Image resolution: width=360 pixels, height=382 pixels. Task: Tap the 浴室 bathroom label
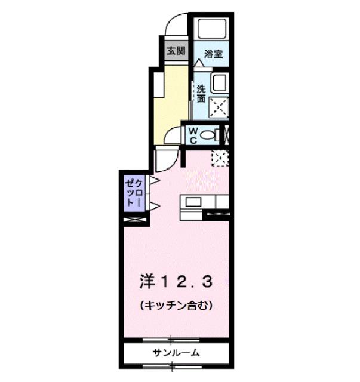click(x=214, y=54)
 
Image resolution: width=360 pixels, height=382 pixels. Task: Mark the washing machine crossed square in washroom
click(x=218, y=106)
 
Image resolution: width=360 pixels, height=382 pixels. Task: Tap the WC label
click(x=193, y=135)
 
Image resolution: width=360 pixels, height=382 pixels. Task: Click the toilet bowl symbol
click(x=210, y=135)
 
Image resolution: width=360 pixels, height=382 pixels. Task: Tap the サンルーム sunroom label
click(x=176, y=353)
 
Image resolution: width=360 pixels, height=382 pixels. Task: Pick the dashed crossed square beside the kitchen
click(x=219, y=158)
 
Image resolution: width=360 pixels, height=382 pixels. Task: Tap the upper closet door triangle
click(x=154, y=180)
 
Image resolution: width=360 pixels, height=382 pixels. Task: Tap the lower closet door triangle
click(x=154, y=206)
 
